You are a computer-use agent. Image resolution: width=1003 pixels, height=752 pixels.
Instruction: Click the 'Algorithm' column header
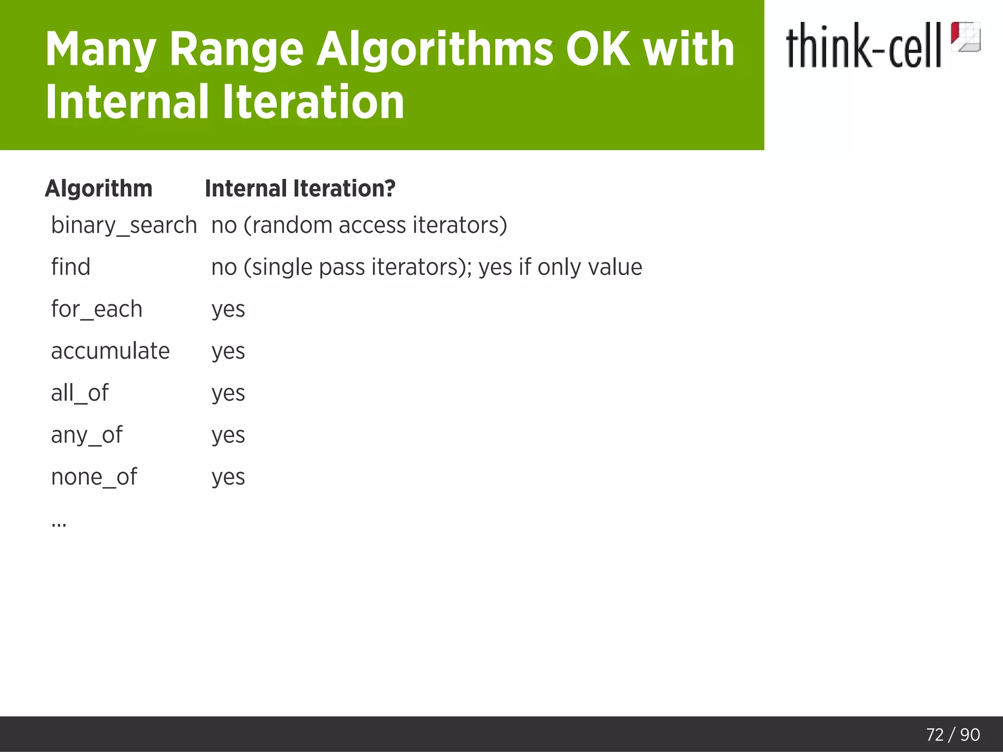coord(98,188)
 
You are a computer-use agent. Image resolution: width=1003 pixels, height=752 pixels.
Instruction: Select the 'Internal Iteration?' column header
coord(300,188)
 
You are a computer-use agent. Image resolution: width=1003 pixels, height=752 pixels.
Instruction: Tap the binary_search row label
coord(124,226)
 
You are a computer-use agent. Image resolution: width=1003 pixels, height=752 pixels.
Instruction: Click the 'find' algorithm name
coord(71,267)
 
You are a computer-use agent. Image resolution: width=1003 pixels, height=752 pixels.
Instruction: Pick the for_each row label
coord(96,309)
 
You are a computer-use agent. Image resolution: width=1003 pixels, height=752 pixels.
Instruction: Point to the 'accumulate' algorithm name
coord(110,351)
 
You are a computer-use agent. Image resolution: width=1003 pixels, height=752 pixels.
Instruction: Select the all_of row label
coord(80,393)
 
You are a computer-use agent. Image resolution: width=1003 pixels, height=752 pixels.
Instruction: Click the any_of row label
coord(87,435)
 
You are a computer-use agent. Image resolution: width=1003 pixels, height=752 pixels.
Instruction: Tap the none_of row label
coord(94,477)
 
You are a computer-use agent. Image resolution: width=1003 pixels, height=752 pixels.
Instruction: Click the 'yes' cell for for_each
coord(228,309)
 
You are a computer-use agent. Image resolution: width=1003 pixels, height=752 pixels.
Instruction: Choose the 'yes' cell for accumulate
coord(228,352)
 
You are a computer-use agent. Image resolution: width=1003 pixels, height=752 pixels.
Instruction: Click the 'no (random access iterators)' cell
coord(359,226)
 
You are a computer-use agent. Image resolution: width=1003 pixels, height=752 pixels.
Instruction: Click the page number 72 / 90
coord(953,735)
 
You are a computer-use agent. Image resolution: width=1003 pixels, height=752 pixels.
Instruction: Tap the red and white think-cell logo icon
coord(965,37)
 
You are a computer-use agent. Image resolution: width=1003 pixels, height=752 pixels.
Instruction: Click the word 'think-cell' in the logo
coord(863,46)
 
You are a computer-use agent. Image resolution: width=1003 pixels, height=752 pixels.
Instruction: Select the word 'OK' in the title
coord(598,49)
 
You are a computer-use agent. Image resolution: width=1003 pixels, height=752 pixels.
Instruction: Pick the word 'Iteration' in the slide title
coord(313,101)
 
